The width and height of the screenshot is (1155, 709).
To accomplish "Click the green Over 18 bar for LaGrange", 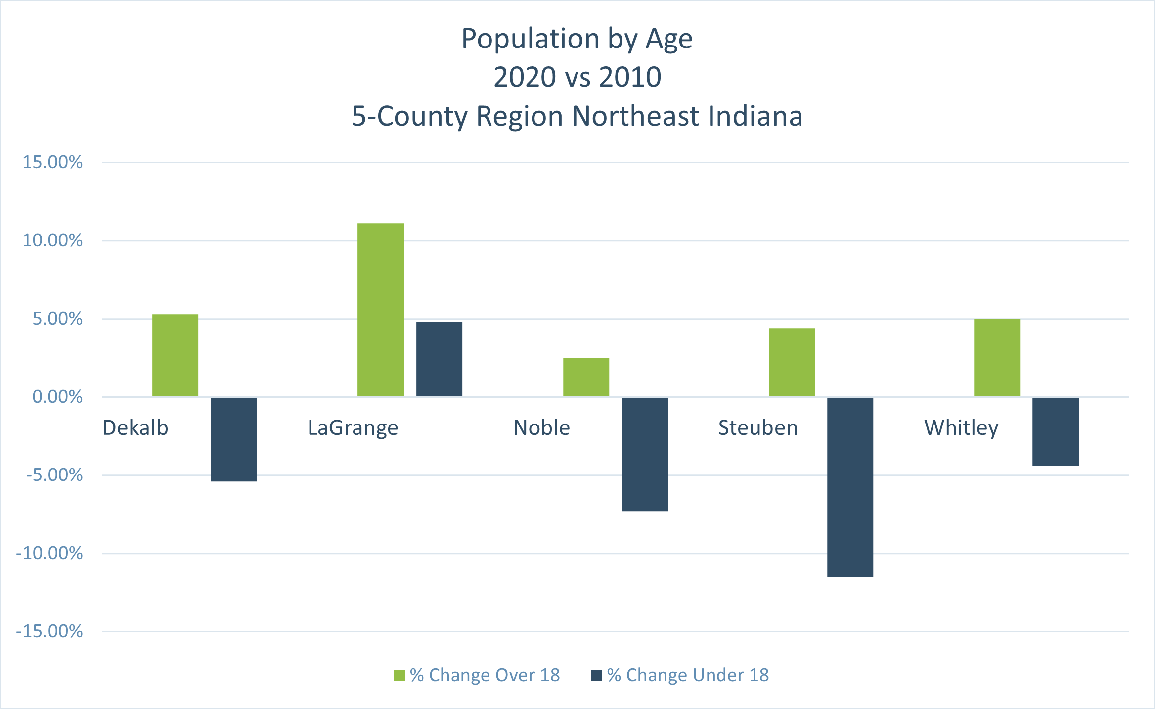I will click(380, 310).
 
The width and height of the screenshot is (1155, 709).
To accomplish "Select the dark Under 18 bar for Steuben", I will click(850, 487).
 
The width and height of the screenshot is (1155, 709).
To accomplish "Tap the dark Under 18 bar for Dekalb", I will click(233, 439).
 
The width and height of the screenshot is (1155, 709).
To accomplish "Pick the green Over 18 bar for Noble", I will click(586, 377).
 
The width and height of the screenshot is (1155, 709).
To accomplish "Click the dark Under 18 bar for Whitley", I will click(1055, 431).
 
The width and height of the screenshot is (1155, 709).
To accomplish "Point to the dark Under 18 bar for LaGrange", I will click(439, 359).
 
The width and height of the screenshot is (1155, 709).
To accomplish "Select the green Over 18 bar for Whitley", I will click(997, 358).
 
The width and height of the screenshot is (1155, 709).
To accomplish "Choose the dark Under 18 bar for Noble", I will click(644, 454).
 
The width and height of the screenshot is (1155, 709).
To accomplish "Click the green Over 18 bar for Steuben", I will click(792, 362).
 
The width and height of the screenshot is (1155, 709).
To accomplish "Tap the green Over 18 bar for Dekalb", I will click(175, 355).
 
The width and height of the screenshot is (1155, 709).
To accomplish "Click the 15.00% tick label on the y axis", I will click(52, 162).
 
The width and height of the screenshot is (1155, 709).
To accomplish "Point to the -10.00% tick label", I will click(49, 553).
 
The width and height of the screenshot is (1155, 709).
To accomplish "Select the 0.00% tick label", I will click(57, 397).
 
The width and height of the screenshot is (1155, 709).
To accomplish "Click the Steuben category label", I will click(758, 428).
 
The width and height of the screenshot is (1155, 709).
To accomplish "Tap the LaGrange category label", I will click(353, 428).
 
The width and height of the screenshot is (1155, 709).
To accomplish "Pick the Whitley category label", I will click(961, 428).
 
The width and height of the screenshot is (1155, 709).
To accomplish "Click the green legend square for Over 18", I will click(399, 675).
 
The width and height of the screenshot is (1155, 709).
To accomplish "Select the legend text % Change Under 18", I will click(688, 675).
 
